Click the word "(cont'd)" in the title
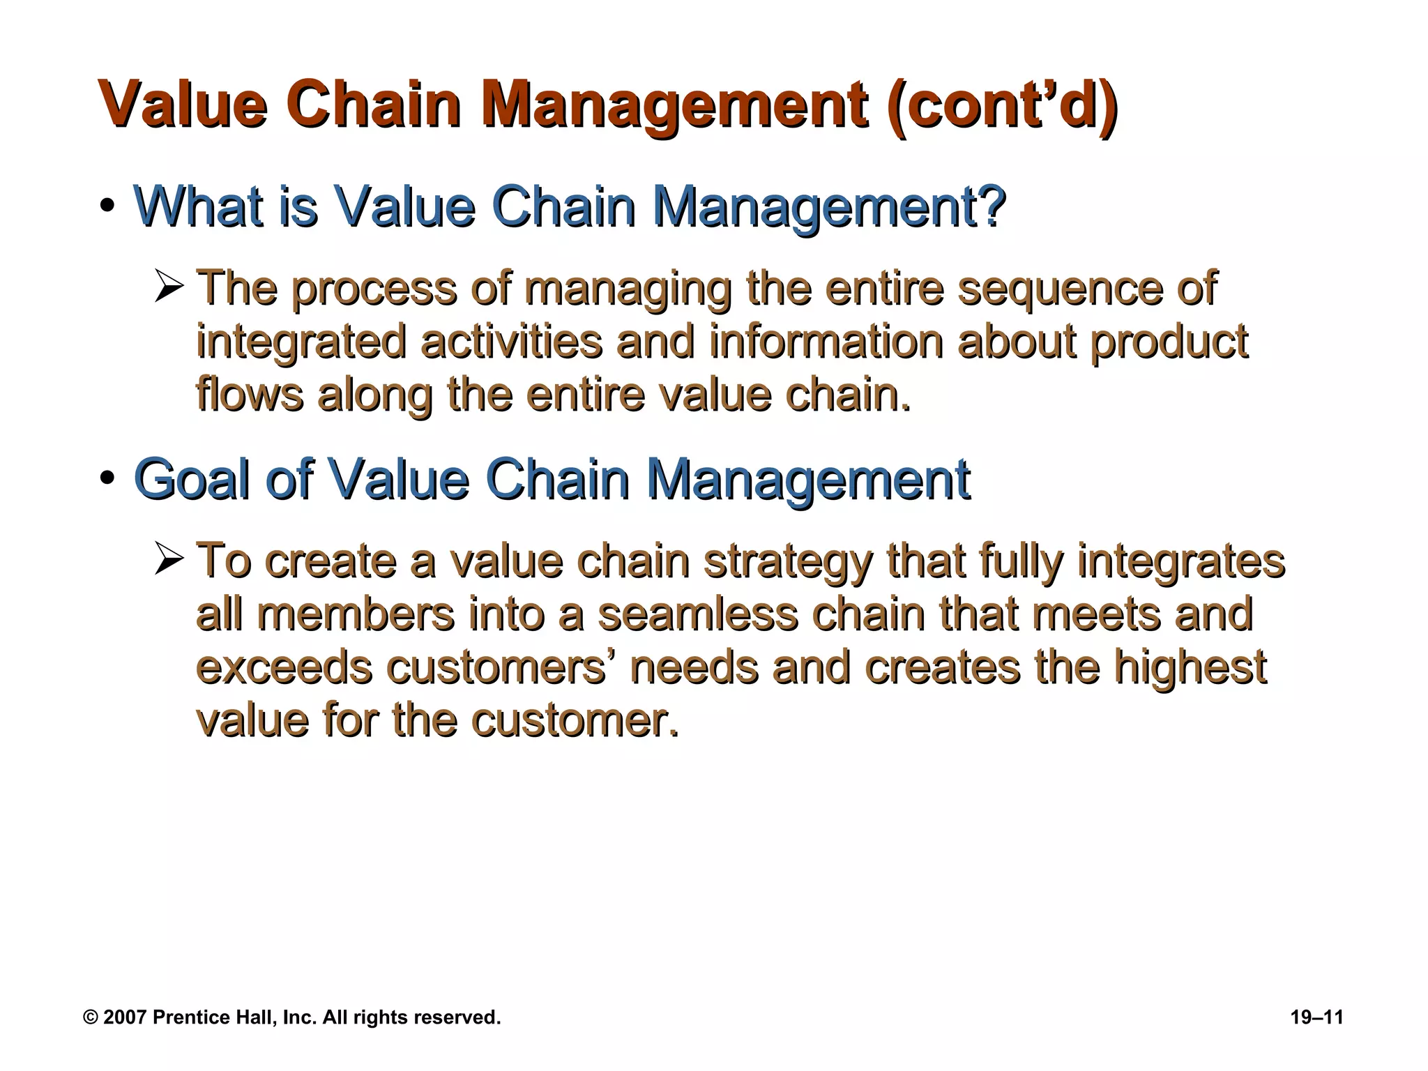click(1002, 105)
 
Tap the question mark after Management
click(991, 206)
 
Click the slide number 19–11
click(1316, 1017)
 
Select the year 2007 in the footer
click(126, 1017)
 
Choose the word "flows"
click(250, 395)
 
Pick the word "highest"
click(1190, 667)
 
